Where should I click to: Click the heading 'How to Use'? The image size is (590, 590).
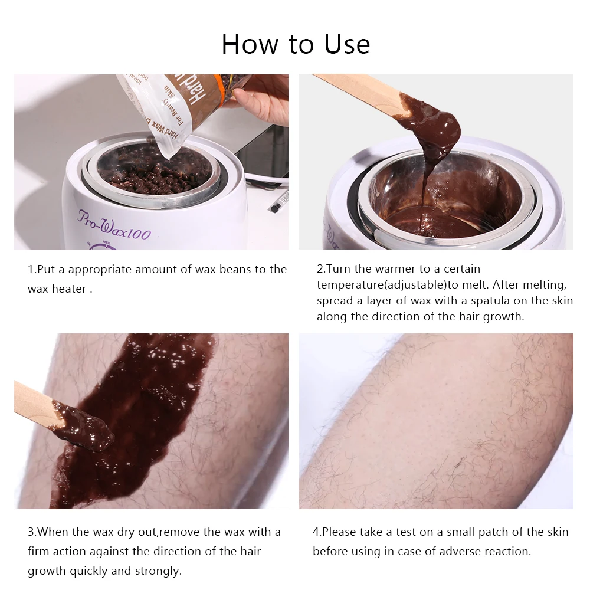click(x=296, y=44)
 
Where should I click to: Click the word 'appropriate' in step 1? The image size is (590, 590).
click(x=100, y=270)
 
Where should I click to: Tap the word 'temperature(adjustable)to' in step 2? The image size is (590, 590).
click(x=388, y=285)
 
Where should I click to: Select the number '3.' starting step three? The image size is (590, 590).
click(x=32, y=532)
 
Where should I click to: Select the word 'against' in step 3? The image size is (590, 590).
click(x=110, y=552)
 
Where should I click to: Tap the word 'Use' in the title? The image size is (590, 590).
click(x=347, y=44)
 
